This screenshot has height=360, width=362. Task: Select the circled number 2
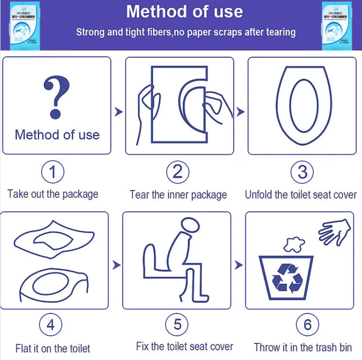coord(178,172)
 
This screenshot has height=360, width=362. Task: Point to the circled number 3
coord(302,172)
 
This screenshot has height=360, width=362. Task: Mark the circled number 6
coord(307,325)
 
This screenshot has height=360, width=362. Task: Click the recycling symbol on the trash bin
coord(287,278)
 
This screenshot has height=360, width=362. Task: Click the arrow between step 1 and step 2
coord(118,112)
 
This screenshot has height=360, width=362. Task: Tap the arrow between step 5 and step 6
coord(239,265)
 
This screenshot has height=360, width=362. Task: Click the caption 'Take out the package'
coord(53,194)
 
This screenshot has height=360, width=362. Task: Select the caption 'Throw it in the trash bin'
coord(303,347)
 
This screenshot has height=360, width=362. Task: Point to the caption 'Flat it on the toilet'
coord(52,348)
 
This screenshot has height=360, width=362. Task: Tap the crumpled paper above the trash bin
coord(293,244)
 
